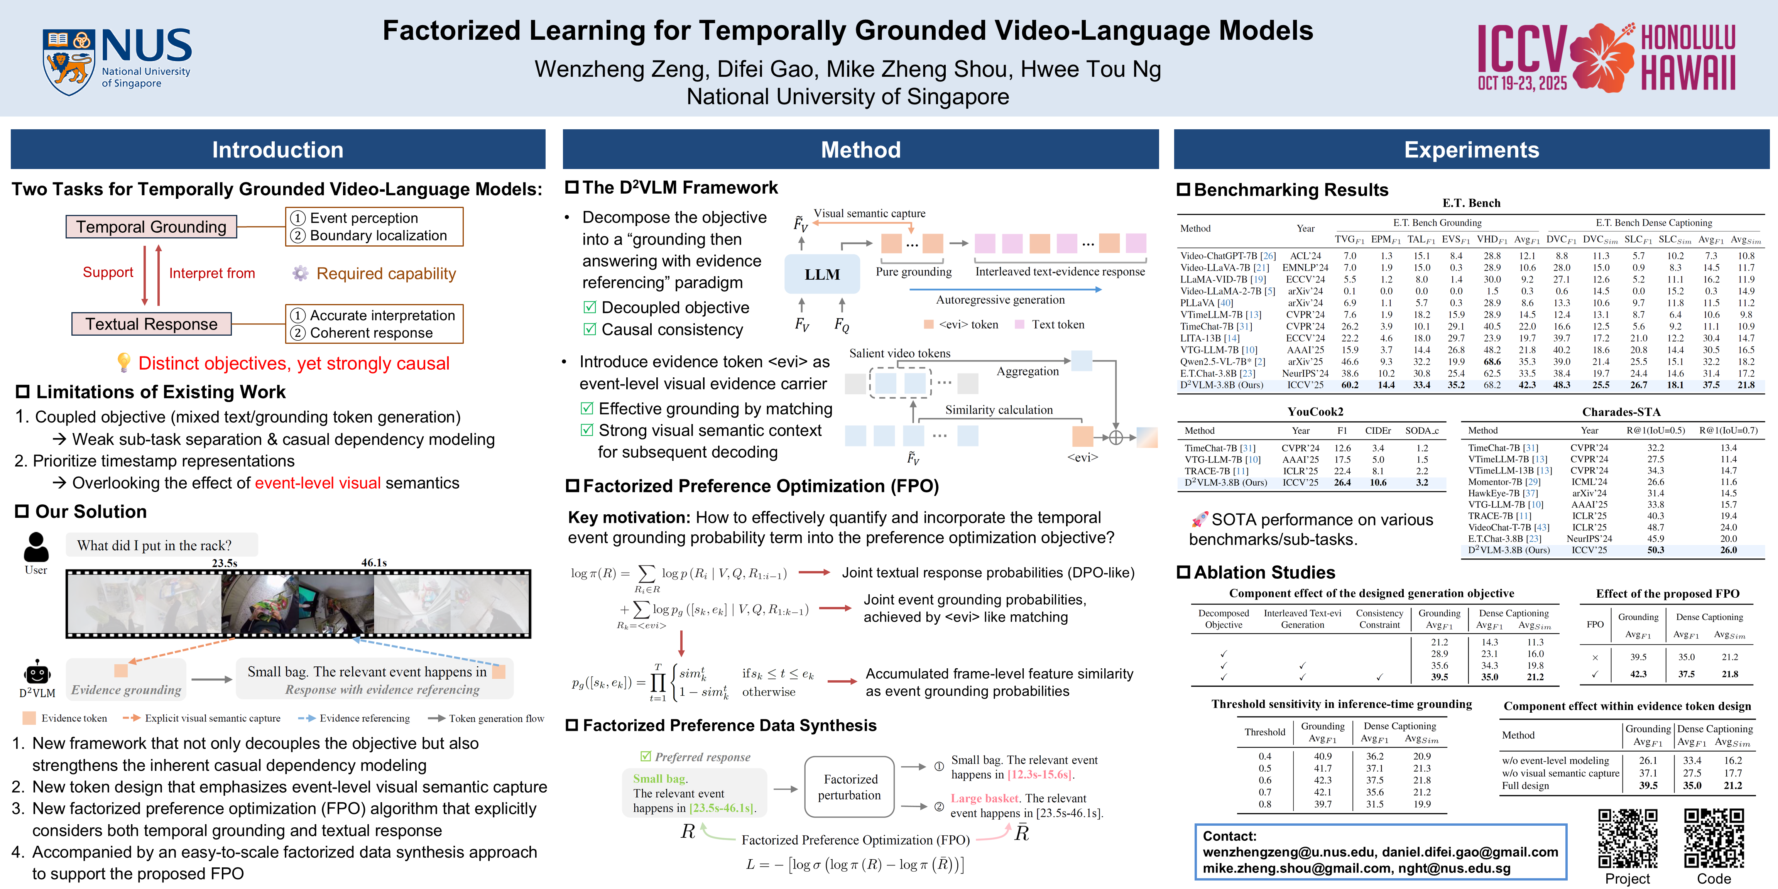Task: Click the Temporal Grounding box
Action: tap(151, 226)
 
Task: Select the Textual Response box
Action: tap(151, 324)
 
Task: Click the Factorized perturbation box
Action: tap(850, 787)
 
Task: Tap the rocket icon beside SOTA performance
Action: tap(1200, 519)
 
